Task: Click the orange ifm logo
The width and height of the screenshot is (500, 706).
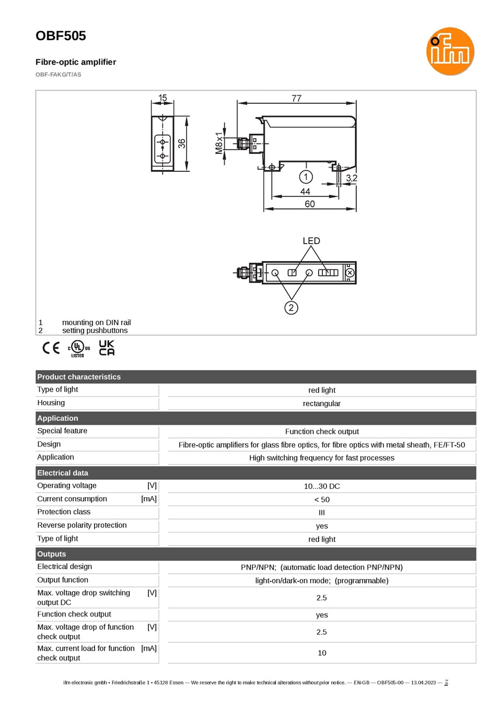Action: coord(450,51)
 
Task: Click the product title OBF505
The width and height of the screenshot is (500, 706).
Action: coord(61,36)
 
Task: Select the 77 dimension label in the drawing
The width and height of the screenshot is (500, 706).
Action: coord(296,98)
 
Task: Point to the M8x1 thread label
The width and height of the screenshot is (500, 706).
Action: coord(219,143)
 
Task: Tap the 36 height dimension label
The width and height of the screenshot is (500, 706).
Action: coord(182,144)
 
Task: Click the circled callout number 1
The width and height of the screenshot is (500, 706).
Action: coord(306,177)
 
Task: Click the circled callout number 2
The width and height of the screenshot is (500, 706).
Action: coord(291,308)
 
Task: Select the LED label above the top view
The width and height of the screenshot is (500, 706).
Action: coord(311,241)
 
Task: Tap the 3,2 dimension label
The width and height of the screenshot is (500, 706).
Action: coord(352,178)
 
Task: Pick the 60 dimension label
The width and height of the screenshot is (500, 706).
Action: coord(310,204)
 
